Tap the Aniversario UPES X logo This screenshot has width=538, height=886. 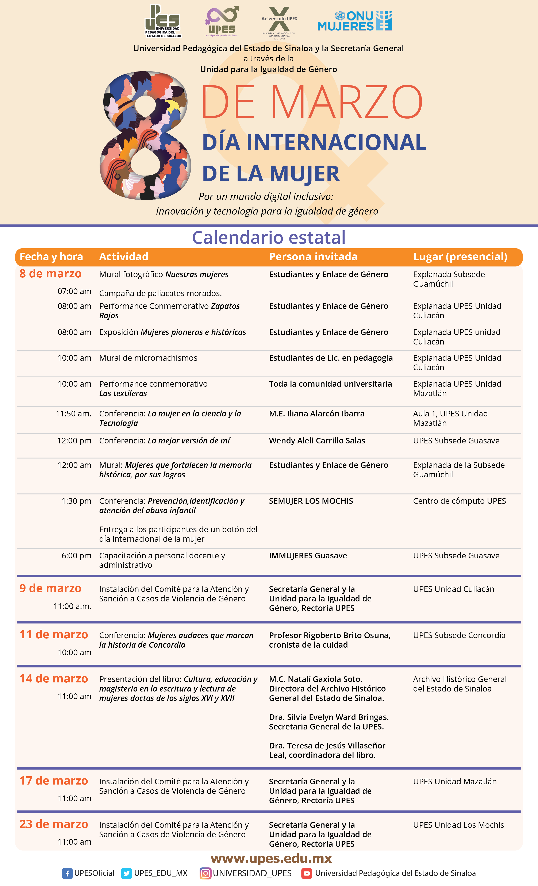(279, 22)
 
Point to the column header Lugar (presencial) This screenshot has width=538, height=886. (460, 257)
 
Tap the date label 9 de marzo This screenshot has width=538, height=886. (50, 588)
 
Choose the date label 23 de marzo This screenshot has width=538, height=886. (54, 824)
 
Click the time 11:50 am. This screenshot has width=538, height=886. (73, 413)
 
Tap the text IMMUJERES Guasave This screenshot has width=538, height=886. (308, 556)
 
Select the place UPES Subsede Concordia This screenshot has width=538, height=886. (459, 635)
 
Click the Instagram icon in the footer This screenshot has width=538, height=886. (205, 873)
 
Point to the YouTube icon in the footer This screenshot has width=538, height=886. (306, 873)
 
